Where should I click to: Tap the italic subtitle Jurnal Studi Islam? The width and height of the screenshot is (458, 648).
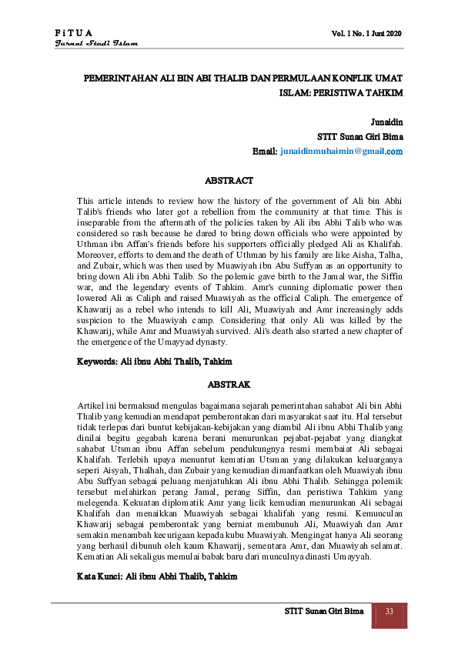[96, 44]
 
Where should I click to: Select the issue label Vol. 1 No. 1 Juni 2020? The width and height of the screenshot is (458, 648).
[366, 33]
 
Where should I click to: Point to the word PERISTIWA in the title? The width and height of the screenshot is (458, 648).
[340, 92]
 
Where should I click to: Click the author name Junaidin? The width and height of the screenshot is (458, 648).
[386, 122]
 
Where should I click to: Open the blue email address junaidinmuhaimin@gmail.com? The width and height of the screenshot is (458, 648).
[341, 152]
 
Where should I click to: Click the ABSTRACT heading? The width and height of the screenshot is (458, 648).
[229, 181]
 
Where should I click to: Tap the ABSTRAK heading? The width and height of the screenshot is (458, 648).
[229, 382]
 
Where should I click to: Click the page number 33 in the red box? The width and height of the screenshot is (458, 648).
[389, 612]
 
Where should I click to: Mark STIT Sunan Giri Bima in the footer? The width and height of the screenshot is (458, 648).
[323, 612]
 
